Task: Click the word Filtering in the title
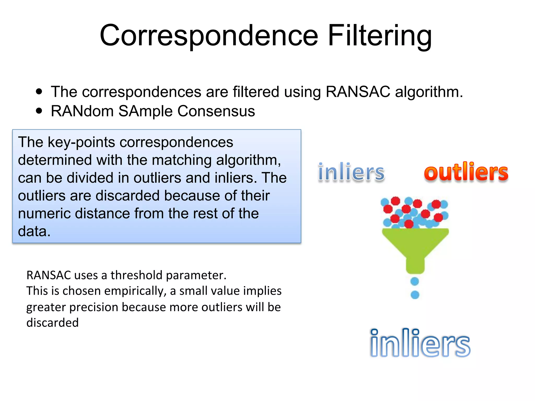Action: [x=379, y=36]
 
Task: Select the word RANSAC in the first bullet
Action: [x=358, y=92]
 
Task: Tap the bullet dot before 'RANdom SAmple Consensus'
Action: [x=39, y=111]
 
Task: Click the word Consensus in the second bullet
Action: [x=216, y=111]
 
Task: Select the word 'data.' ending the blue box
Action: [x=34, y=231]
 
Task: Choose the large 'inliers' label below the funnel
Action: [x=420, y=343]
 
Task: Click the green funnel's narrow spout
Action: [x=415, y=265]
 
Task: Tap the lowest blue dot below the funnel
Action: [x=415, y=295]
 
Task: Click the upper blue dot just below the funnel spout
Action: [x=415, y=281]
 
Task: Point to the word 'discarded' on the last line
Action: [x=53, y=323]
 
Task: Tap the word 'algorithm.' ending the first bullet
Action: [x=429, y=92]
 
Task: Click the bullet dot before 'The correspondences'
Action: [x=39, y=92]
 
